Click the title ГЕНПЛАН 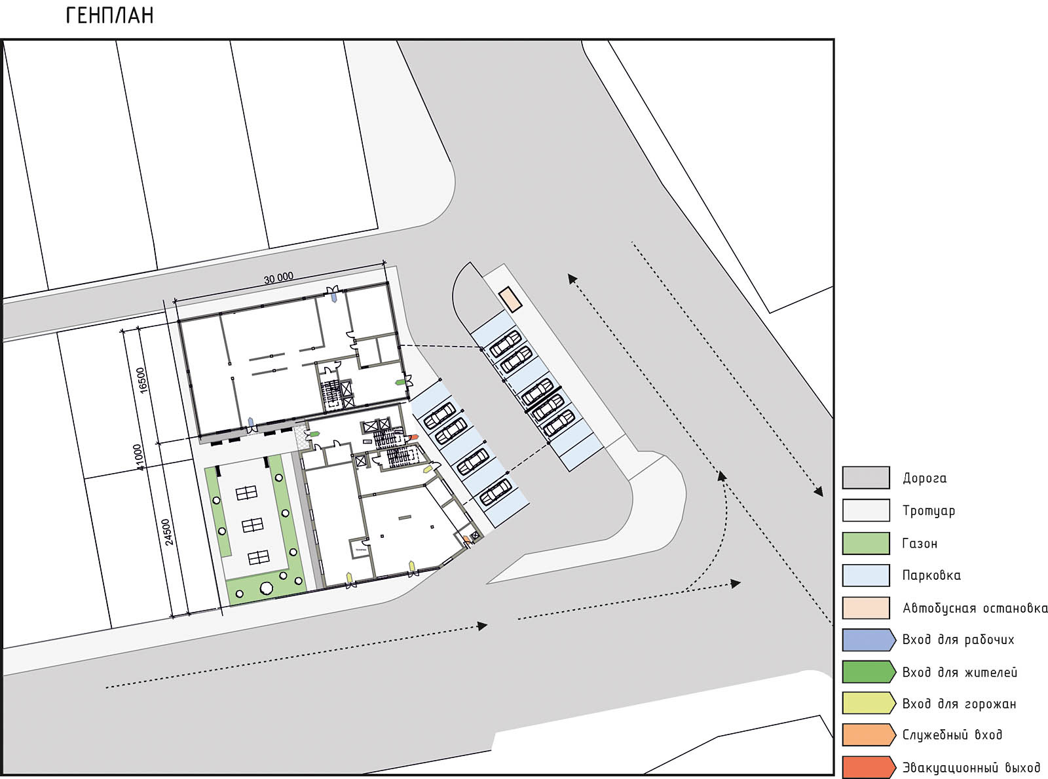coord(109,16)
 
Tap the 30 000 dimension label coord(278,278)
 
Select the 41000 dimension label coord(138,457)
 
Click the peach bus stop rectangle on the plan coord(510,299)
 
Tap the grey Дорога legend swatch coord(866,478)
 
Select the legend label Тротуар coord(928,511)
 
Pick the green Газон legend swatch coord(866,543)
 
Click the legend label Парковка coord(931,575)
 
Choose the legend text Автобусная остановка coord(975,608)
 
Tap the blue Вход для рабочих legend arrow coord(869,640)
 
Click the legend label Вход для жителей coord(960,672)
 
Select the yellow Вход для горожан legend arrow coord(869,704)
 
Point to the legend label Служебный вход coord(952,735)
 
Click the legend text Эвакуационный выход coord(971,767)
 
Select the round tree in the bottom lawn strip coord(266,588)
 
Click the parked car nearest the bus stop coord(505,344)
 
